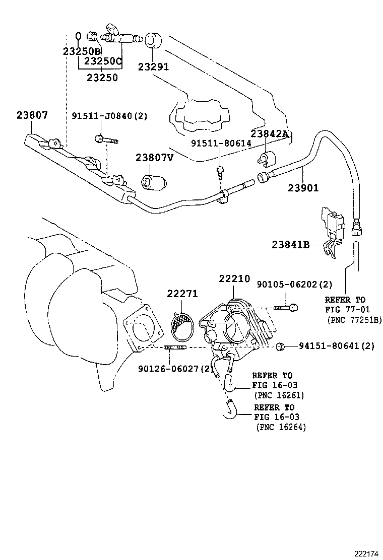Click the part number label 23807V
tap(154, 158)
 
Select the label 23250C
tap(103, 61)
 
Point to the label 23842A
tap(269, 133)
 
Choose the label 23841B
tap(290, 244)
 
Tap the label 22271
tap(182, 294)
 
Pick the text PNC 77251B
tap(354, 320)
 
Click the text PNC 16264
tap(281, 427)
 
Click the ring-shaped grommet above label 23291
tap(153, 40)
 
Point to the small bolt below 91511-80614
tap(221, 172)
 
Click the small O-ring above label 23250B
tap(78, 36)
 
